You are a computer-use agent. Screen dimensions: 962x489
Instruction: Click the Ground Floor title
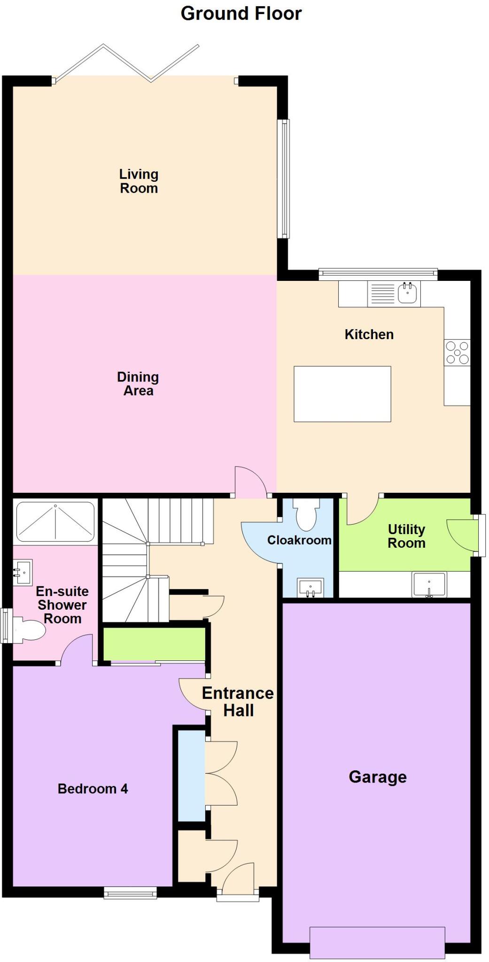click(241, 14)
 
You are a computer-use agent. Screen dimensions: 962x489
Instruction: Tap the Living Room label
click(139, 181)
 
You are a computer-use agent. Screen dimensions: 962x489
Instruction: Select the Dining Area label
click(138, 384)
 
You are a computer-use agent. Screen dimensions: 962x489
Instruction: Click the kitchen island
click(342, 394)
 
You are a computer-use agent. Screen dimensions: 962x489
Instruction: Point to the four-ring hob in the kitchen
click(457, 352)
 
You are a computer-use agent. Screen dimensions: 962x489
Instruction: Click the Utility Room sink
click(429, 584)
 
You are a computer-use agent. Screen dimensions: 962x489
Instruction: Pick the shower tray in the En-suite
click(55, 521)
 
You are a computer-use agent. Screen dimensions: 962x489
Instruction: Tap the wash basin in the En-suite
click(22, 573)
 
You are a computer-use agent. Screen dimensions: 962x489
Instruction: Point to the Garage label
click(377, 777)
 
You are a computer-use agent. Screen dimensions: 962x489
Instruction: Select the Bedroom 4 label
click(93, 789)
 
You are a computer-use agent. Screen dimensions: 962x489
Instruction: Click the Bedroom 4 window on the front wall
click(130, 893)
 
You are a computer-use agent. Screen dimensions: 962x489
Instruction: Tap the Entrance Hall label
click(238, 702)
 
